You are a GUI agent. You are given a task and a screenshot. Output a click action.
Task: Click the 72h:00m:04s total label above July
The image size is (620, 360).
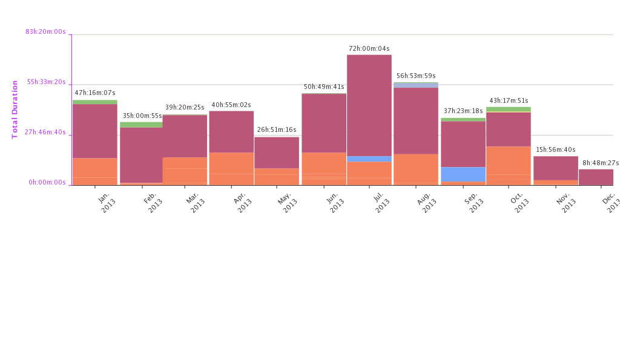click(369, 48)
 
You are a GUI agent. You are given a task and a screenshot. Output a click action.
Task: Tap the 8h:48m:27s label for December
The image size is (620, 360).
click(600, 163)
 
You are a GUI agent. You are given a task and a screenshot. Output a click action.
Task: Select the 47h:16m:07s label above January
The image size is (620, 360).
click(94, 93)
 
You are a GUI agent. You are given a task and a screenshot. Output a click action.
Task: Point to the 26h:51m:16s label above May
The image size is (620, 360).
click(277, 130)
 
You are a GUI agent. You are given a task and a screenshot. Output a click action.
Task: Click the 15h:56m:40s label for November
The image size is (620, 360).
click(555, 150)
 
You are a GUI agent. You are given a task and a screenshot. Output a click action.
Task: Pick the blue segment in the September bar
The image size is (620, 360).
click(463, 174)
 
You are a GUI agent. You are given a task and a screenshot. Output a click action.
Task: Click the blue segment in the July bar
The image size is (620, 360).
click(369, 159)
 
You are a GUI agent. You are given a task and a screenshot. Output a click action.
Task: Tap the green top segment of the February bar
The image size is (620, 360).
click(141, 125)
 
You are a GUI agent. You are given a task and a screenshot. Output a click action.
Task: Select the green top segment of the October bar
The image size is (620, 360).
click(509, 110)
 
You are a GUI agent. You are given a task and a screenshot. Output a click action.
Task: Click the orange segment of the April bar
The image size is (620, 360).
click(231, 168)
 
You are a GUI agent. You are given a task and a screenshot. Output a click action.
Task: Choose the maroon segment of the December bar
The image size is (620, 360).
click(596, 177)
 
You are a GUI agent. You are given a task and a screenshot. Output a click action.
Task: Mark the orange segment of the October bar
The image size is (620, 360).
click(509, 165)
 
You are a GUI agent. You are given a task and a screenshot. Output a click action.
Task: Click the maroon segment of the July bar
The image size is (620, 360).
click(369, 105)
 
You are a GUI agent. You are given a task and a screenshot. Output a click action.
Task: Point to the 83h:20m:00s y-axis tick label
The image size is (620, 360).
click(45, 31)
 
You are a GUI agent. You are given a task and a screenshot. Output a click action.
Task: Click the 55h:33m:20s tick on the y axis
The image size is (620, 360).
click(46, 82)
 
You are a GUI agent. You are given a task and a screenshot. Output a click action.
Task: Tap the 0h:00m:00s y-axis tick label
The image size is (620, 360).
click(47, 182)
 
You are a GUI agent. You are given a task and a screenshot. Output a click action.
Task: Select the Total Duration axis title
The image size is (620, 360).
click(15, 110)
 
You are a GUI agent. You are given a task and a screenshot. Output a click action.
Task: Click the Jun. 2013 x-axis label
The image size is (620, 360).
click(333, 201)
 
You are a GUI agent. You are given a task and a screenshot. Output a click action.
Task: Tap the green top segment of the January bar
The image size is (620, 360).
click(94, 102)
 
